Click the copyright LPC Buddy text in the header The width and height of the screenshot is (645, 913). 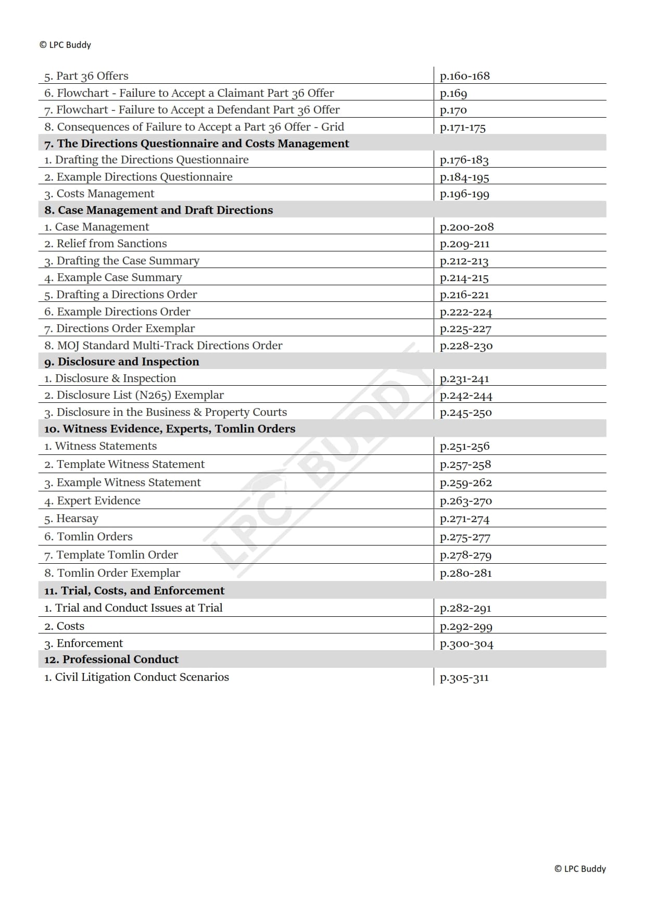(65, 45)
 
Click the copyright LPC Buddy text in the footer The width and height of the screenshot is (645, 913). (580, 869)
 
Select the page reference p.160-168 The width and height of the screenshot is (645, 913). (464, 76)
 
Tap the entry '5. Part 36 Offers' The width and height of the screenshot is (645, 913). (86, 76)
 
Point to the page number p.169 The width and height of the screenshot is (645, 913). (453, 93)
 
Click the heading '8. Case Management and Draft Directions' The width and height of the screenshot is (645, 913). (158, 210)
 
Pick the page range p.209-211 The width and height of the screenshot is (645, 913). (464, 244)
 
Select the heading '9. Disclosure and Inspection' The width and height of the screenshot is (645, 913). (121, 362)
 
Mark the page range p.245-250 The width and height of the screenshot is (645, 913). (465, 412)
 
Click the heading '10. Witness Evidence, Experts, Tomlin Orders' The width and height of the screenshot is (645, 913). (169, 429)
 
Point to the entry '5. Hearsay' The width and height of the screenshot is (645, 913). (71, 518)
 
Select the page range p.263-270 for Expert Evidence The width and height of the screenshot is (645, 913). (465, 501)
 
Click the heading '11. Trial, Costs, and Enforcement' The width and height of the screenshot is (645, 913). (134, 591)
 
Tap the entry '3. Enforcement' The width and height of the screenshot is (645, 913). (83, 643)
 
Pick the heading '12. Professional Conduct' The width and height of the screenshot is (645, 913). (111, 660)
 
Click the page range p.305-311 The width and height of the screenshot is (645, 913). (464, 677)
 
